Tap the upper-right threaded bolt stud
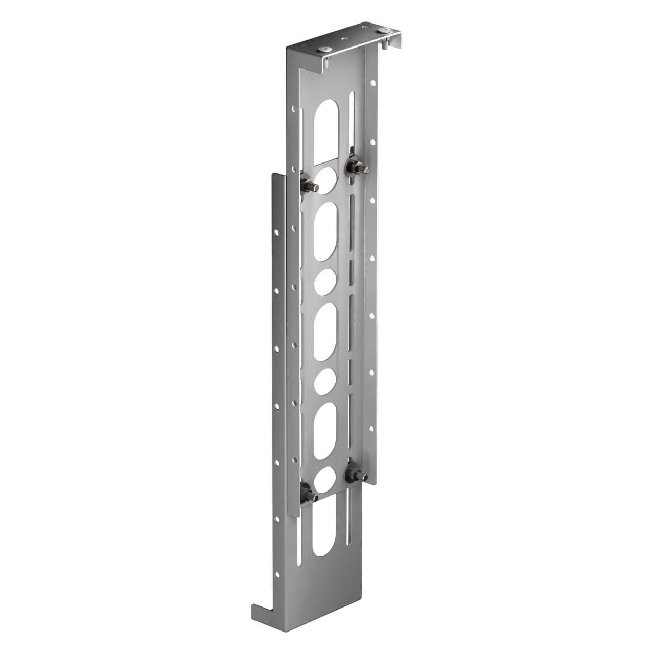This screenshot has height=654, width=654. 354,167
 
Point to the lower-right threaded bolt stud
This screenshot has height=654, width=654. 355,475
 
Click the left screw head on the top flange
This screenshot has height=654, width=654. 324,49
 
